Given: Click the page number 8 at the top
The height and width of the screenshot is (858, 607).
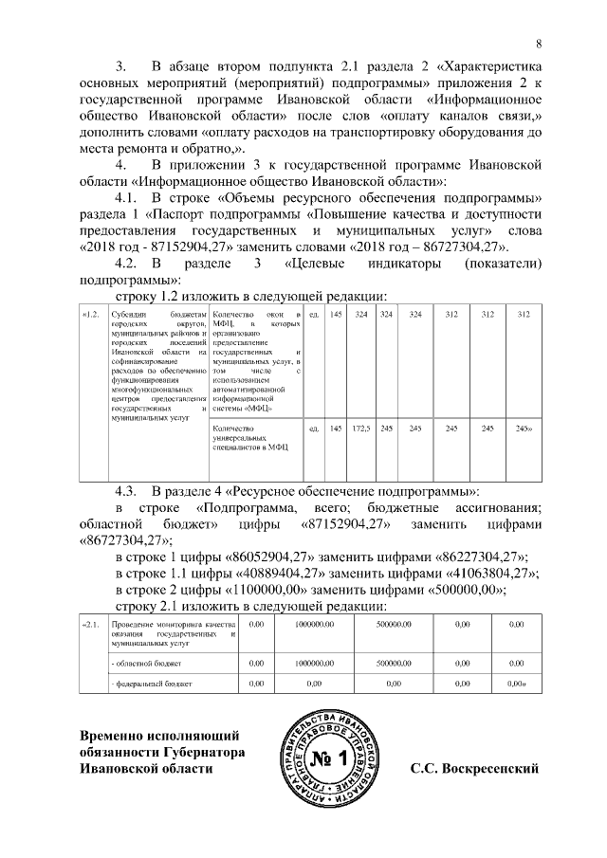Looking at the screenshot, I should (x=540, y=43).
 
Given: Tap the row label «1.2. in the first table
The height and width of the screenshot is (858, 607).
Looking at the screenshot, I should (x=91, y=315).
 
